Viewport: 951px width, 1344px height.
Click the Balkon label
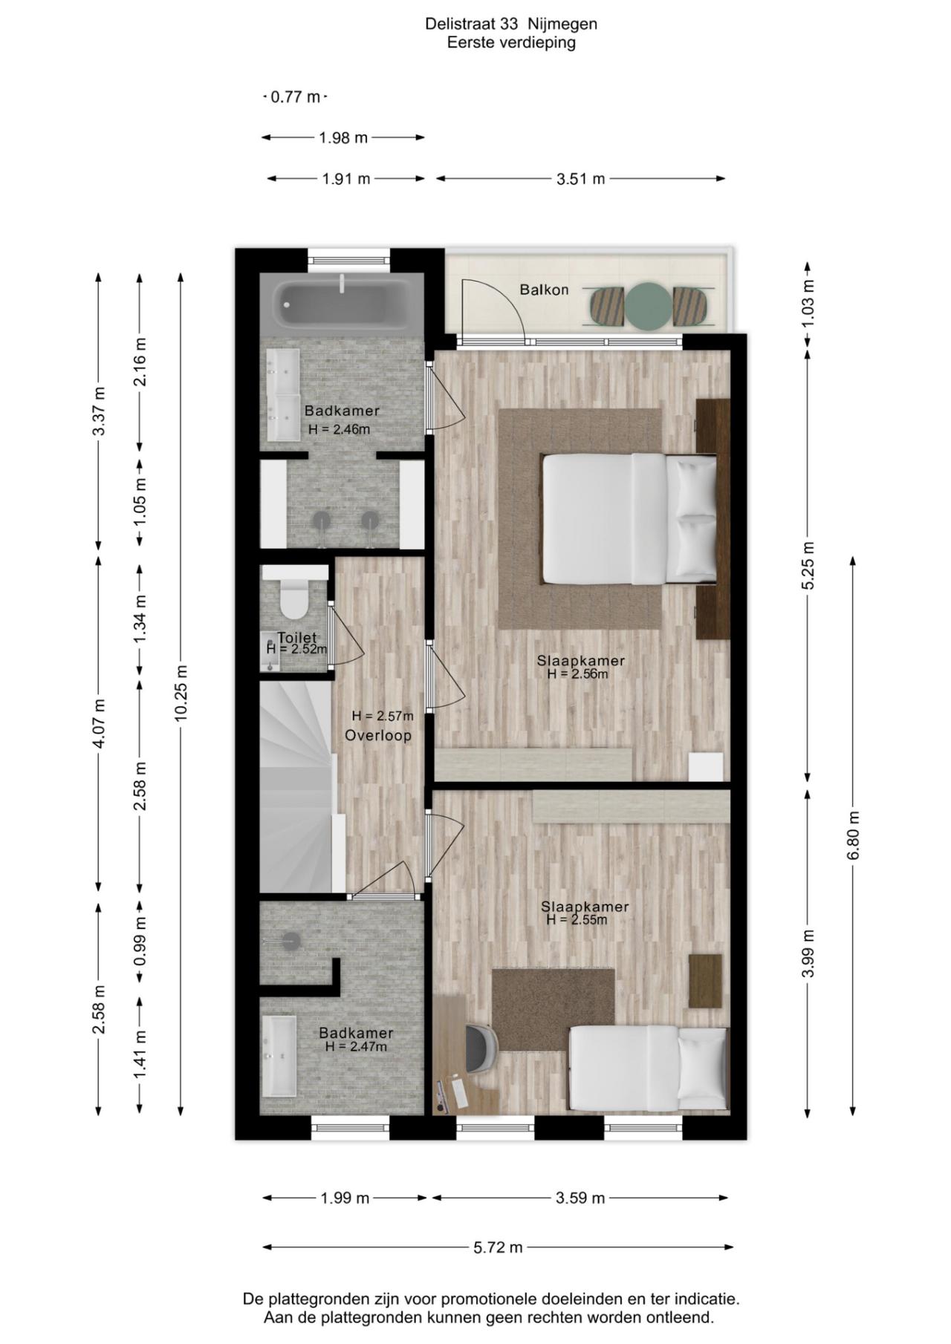tap(544, 290)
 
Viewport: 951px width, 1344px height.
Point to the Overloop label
tap(378, 735)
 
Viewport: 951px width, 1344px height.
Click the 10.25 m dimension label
tap(181, 693)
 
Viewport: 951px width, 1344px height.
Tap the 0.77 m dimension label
tap(295, 97)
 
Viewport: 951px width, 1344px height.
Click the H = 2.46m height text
tap(339, 429)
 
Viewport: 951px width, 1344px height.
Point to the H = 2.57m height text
tap(383, 717)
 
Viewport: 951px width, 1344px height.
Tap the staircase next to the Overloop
tap(300, 787)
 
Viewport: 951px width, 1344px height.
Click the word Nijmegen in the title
tap(563, 24)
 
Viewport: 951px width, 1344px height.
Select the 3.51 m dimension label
tap(580, 179)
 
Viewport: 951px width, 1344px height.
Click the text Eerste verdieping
tap(511, 43)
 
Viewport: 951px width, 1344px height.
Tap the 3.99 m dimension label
tap(808, 953)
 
